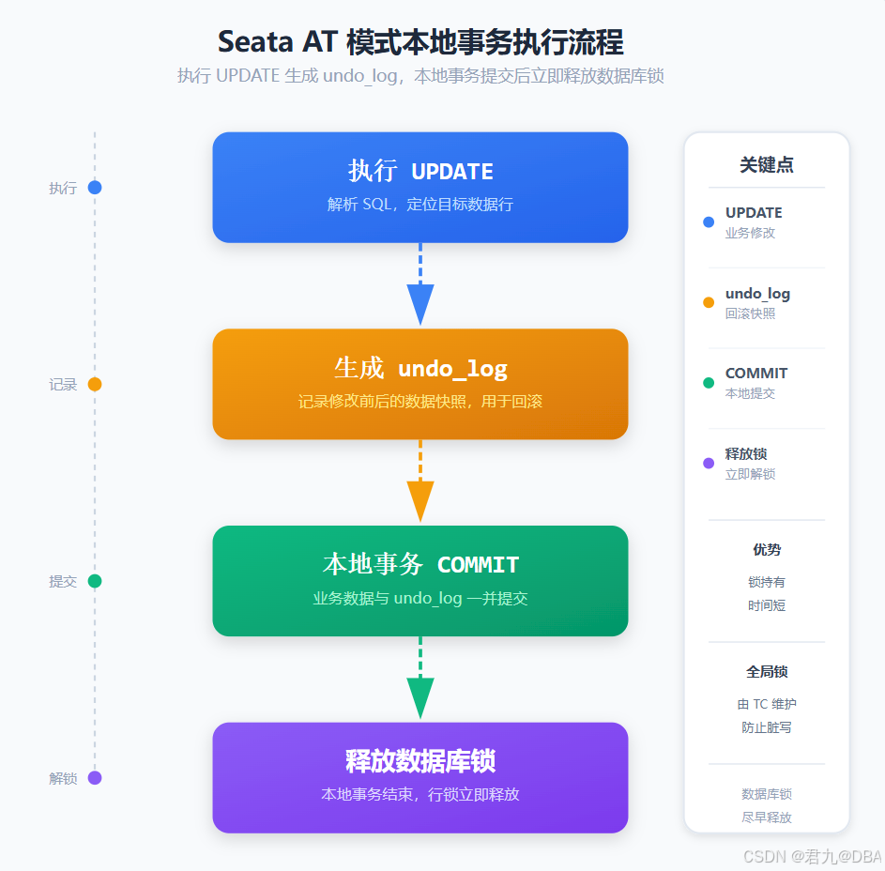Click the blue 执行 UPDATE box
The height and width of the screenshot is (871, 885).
point(420,188)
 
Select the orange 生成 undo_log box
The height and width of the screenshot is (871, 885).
point(420,384)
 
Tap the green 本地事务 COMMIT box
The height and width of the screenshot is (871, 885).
point(420,581)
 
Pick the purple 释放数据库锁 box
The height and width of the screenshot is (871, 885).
point(420,777)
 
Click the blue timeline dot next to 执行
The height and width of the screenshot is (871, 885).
point(95,188)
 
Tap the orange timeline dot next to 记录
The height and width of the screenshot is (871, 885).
point(95,384)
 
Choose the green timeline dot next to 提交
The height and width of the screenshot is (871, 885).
point(95,581)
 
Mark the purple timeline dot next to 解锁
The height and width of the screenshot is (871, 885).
point(95,778)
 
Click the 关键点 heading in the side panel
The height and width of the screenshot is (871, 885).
point(767,165)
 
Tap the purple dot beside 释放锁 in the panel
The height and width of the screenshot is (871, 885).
point(709,464)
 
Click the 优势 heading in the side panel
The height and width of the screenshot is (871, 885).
point(767,550)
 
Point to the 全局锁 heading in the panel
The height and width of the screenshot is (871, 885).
point(767,672)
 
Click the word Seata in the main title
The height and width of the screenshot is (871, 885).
point(255,42)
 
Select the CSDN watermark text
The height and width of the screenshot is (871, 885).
point(812,856)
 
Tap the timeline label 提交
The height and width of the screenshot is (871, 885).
point(63,581)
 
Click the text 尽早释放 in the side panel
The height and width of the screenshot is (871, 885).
point(767,818)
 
